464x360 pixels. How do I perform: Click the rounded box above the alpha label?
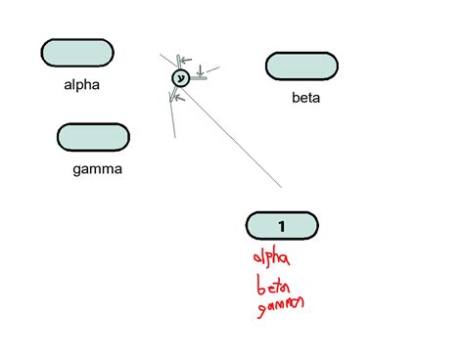pyautogui.click(x=76, y=54)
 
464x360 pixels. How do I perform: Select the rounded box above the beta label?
pyautogui.click(x=302, y=66)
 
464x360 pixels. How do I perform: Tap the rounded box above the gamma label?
pyautogui.click(x=93, y=137)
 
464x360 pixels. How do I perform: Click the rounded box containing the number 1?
pyautogui.click(x=282, y=226)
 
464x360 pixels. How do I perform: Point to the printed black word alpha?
pyautogui.click(x=80, y=85)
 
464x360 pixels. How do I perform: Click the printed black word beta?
pyautogui.click(x=305, y=98)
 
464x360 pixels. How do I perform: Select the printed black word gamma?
pyautogui.click(x=97, y=169)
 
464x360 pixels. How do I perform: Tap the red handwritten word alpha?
pyautogui.click(x=271, y=258)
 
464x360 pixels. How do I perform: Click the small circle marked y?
pyautogui.click(x=180, y=78)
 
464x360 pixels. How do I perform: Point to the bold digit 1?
pyautogui.click(x=282, y=226)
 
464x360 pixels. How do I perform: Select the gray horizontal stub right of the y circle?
pyautogui.click(x=199, y=78)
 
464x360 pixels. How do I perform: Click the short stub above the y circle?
pyautogui.click(x=177, y=63)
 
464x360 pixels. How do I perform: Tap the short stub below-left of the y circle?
pyautogui.click(x=174, y=94)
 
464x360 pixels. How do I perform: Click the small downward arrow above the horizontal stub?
pyautogui.click(x=200, y=70)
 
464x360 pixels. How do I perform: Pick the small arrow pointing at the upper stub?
pyautogui.click(x=187, y=61)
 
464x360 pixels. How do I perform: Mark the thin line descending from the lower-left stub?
pyautogui.click(x=171, y=117)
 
